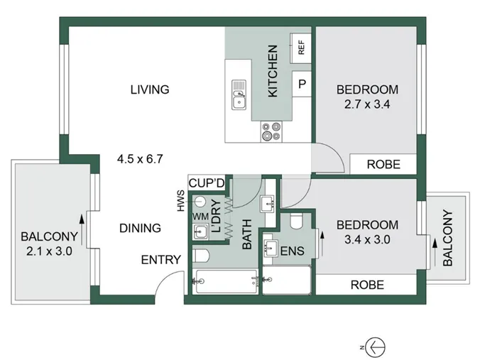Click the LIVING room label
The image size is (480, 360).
150,89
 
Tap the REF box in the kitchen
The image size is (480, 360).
300,48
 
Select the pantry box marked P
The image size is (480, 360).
302,84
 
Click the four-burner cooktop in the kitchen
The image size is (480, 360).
271,131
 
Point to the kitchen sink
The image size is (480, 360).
239,95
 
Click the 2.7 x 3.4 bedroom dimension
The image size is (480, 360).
367,104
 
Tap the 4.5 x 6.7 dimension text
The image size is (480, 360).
140,159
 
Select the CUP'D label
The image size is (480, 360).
207,183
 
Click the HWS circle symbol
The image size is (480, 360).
200,201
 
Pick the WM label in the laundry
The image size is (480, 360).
200,217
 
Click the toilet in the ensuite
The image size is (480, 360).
296,221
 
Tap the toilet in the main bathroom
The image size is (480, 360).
201,256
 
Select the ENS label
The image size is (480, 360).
293,251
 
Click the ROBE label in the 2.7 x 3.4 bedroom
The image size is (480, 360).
383,165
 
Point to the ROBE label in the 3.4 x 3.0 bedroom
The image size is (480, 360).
367,285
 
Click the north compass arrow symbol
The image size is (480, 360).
376,347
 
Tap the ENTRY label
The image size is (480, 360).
161,260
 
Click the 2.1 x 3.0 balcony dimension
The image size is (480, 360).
49,251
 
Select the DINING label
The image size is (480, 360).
140,228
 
